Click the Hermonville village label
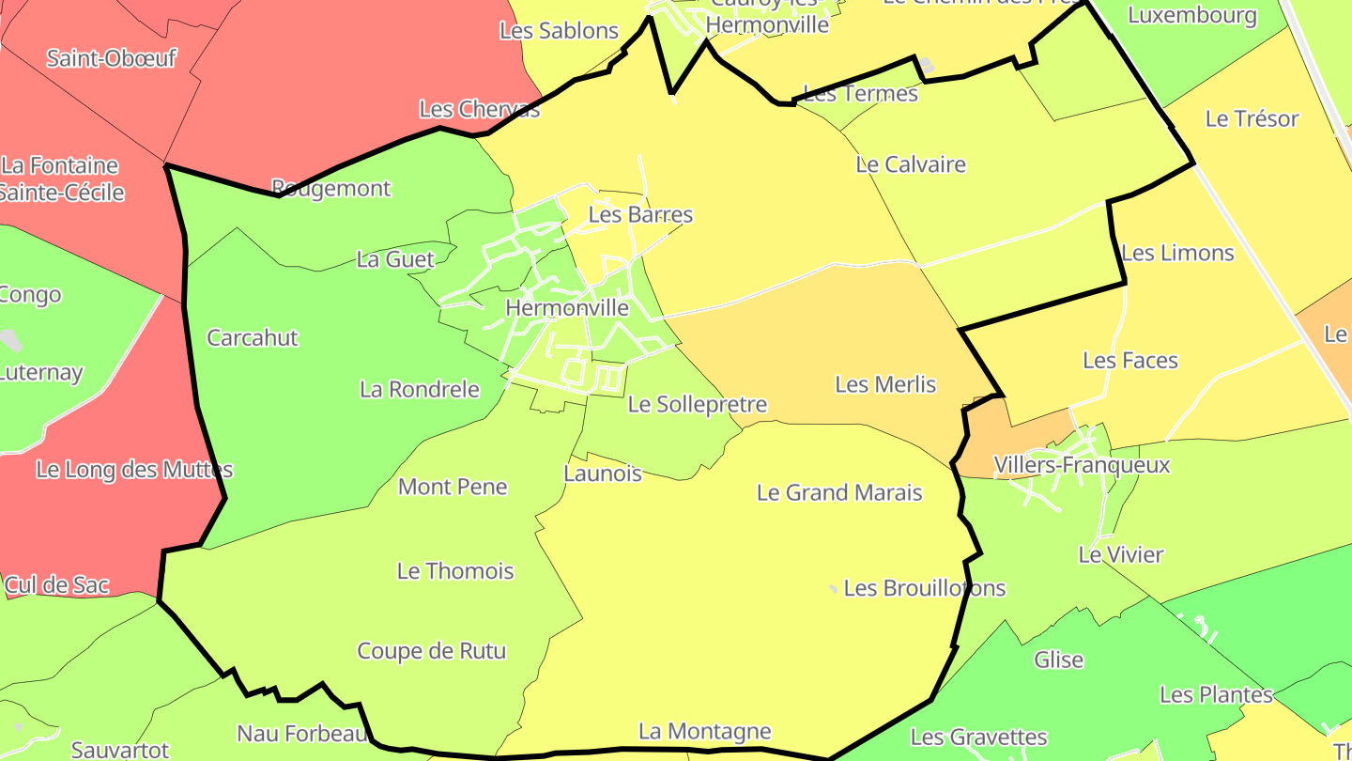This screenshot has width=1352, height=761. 567,307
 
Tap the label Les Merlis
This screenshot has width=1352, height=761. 885,384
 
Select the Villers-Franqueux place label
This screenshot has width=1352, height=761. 1082,465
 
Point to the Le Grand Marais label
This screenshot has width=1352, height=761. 839,492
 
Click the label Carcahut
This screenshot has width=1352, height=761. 253,338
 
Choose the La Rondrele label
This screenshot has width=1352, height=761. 420,389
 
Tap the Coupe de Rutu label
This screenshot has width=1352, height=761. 431,651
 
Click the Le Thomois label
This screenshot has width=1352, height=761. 455,571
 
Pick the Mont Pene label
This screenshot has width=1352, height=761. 453,487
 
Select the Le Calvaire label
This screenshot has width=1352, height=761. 911,164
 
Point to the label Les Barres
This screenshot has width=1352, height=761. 640,215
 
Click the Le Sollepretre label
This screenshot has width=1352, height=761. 698,405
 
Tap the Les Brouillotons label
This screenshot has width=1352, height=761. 925,588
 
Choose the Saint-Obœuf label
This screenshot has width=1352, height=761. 112,58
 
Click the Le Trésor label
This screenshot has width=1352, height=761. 1252,119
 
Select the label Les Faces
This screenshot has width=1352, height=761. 1129,361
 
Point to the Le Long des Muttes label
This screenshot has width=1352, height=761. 134,470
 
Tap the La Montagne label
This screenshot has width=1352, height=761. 704,731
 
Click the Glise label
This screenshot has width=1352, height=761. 1058,660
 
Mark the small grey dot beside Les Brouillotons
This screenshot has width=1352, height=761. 833,589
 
